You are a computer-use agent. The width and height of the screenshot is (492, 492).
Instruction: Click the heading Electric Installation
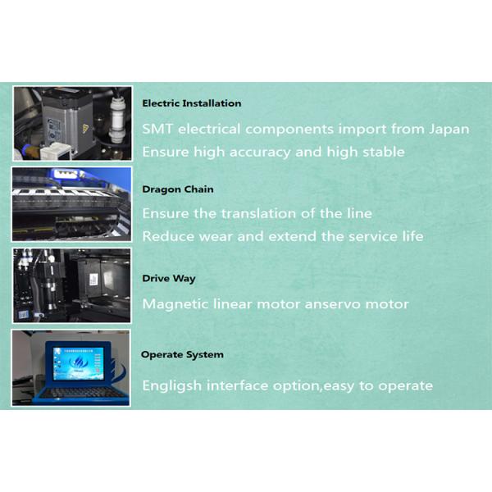pos(192,103)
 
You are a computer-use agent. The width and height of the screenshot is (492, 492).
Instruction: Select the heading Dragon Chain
pos(178,189)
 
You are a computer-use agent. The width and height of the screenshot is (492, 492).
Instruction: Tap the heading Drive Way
pos(169,278)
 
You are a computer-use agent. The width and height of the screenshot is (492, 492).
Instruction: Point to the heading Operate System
pos(182,354)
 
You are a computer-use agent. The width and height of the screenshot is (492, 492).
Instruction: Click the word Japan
pos(449,130)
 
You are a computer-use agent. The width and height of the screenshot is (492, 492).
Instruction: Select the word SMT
pos(157,129)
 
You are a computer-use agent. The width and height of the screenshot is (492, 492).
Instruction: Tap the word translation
pos(258,213)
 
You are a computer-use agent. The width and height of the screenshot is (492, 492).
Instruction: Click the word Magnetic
pos(175,304)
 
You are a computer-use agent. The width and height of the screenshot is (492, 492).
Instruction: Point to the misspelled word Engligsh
pos(172,386)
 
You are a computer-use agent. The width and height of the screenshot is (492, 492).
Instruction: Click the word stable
pos(384,152)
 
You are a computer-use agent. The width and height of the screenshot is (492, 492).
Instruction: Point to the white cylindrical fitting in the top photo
pos(116,119)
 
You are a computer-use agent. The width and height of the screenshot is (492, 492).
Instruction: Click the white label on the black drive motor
pos(93,280)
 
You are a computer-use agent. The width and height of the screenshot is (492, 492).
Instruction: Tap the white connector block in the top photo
pos(56,151)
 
